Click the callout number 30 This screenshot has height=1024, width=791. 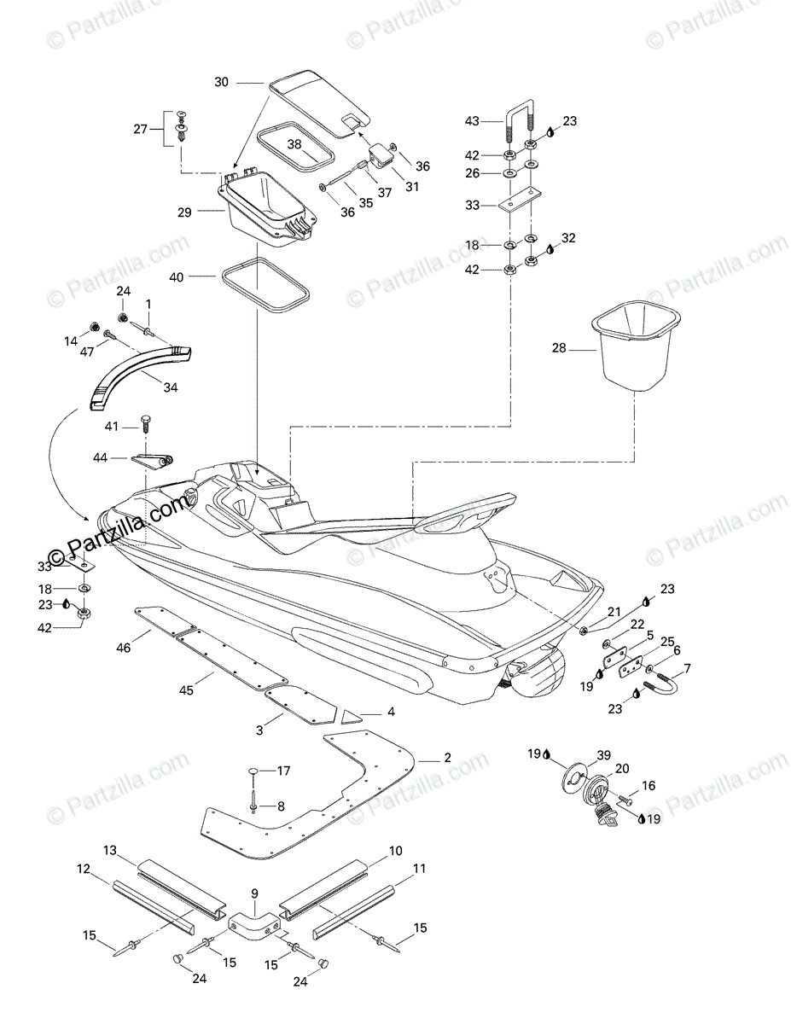click(221, 83)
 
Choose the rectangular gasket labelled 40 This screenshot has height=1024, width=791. click(264, 289)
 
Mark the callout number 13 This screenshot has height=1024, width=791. click(109, 850)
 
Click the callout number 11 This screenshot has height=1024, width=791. click(418, 869)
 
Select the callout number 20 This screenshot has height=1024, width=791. click(621, 768)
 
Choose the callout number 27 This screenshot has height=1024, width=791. click(140, 129)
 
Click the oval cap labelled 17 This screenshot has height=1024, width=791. click(253, 771)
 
